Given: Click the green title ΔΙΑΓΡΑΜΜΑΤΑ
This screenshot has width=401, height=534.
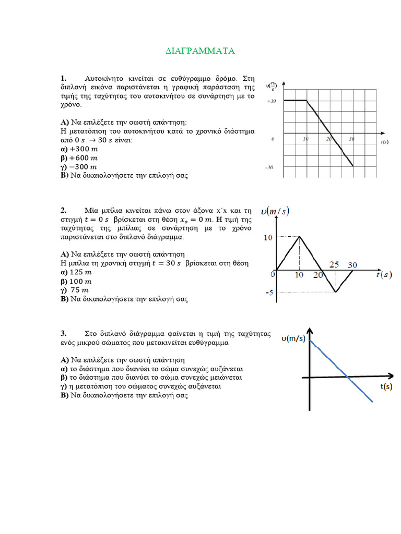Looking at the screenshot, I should tap(200, 51).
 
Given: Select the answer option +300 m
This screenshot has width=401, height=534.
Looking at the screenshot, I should tap(79, 149).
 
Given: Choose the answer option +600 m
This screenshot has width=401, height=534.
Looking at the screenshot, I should tap(79, 158).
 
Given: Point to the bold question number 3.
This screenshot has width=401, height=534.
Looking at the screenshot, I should tap(63, 333).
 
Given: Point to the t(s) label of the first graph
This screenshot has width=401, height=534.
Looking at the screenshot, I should tap(385, 142).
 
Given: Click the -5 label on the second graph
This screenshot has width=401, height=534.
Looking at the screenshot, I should tap(269, 293).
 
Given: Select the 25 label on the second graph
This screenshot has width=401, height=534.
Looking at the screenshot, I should tap(335, 265).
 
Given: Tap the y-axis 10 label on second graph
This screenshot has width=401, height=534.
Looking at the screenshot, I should tap(268, 237).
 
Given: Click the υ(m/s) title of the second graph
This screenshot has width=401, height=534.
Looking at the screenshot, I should tap(275, 211).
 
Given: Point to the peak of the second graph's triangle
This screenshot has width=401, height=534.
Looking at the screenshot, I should tap(299, 237).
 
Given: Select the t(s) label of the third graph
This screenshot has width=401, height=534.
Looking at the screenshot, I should tap(386, 386).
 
